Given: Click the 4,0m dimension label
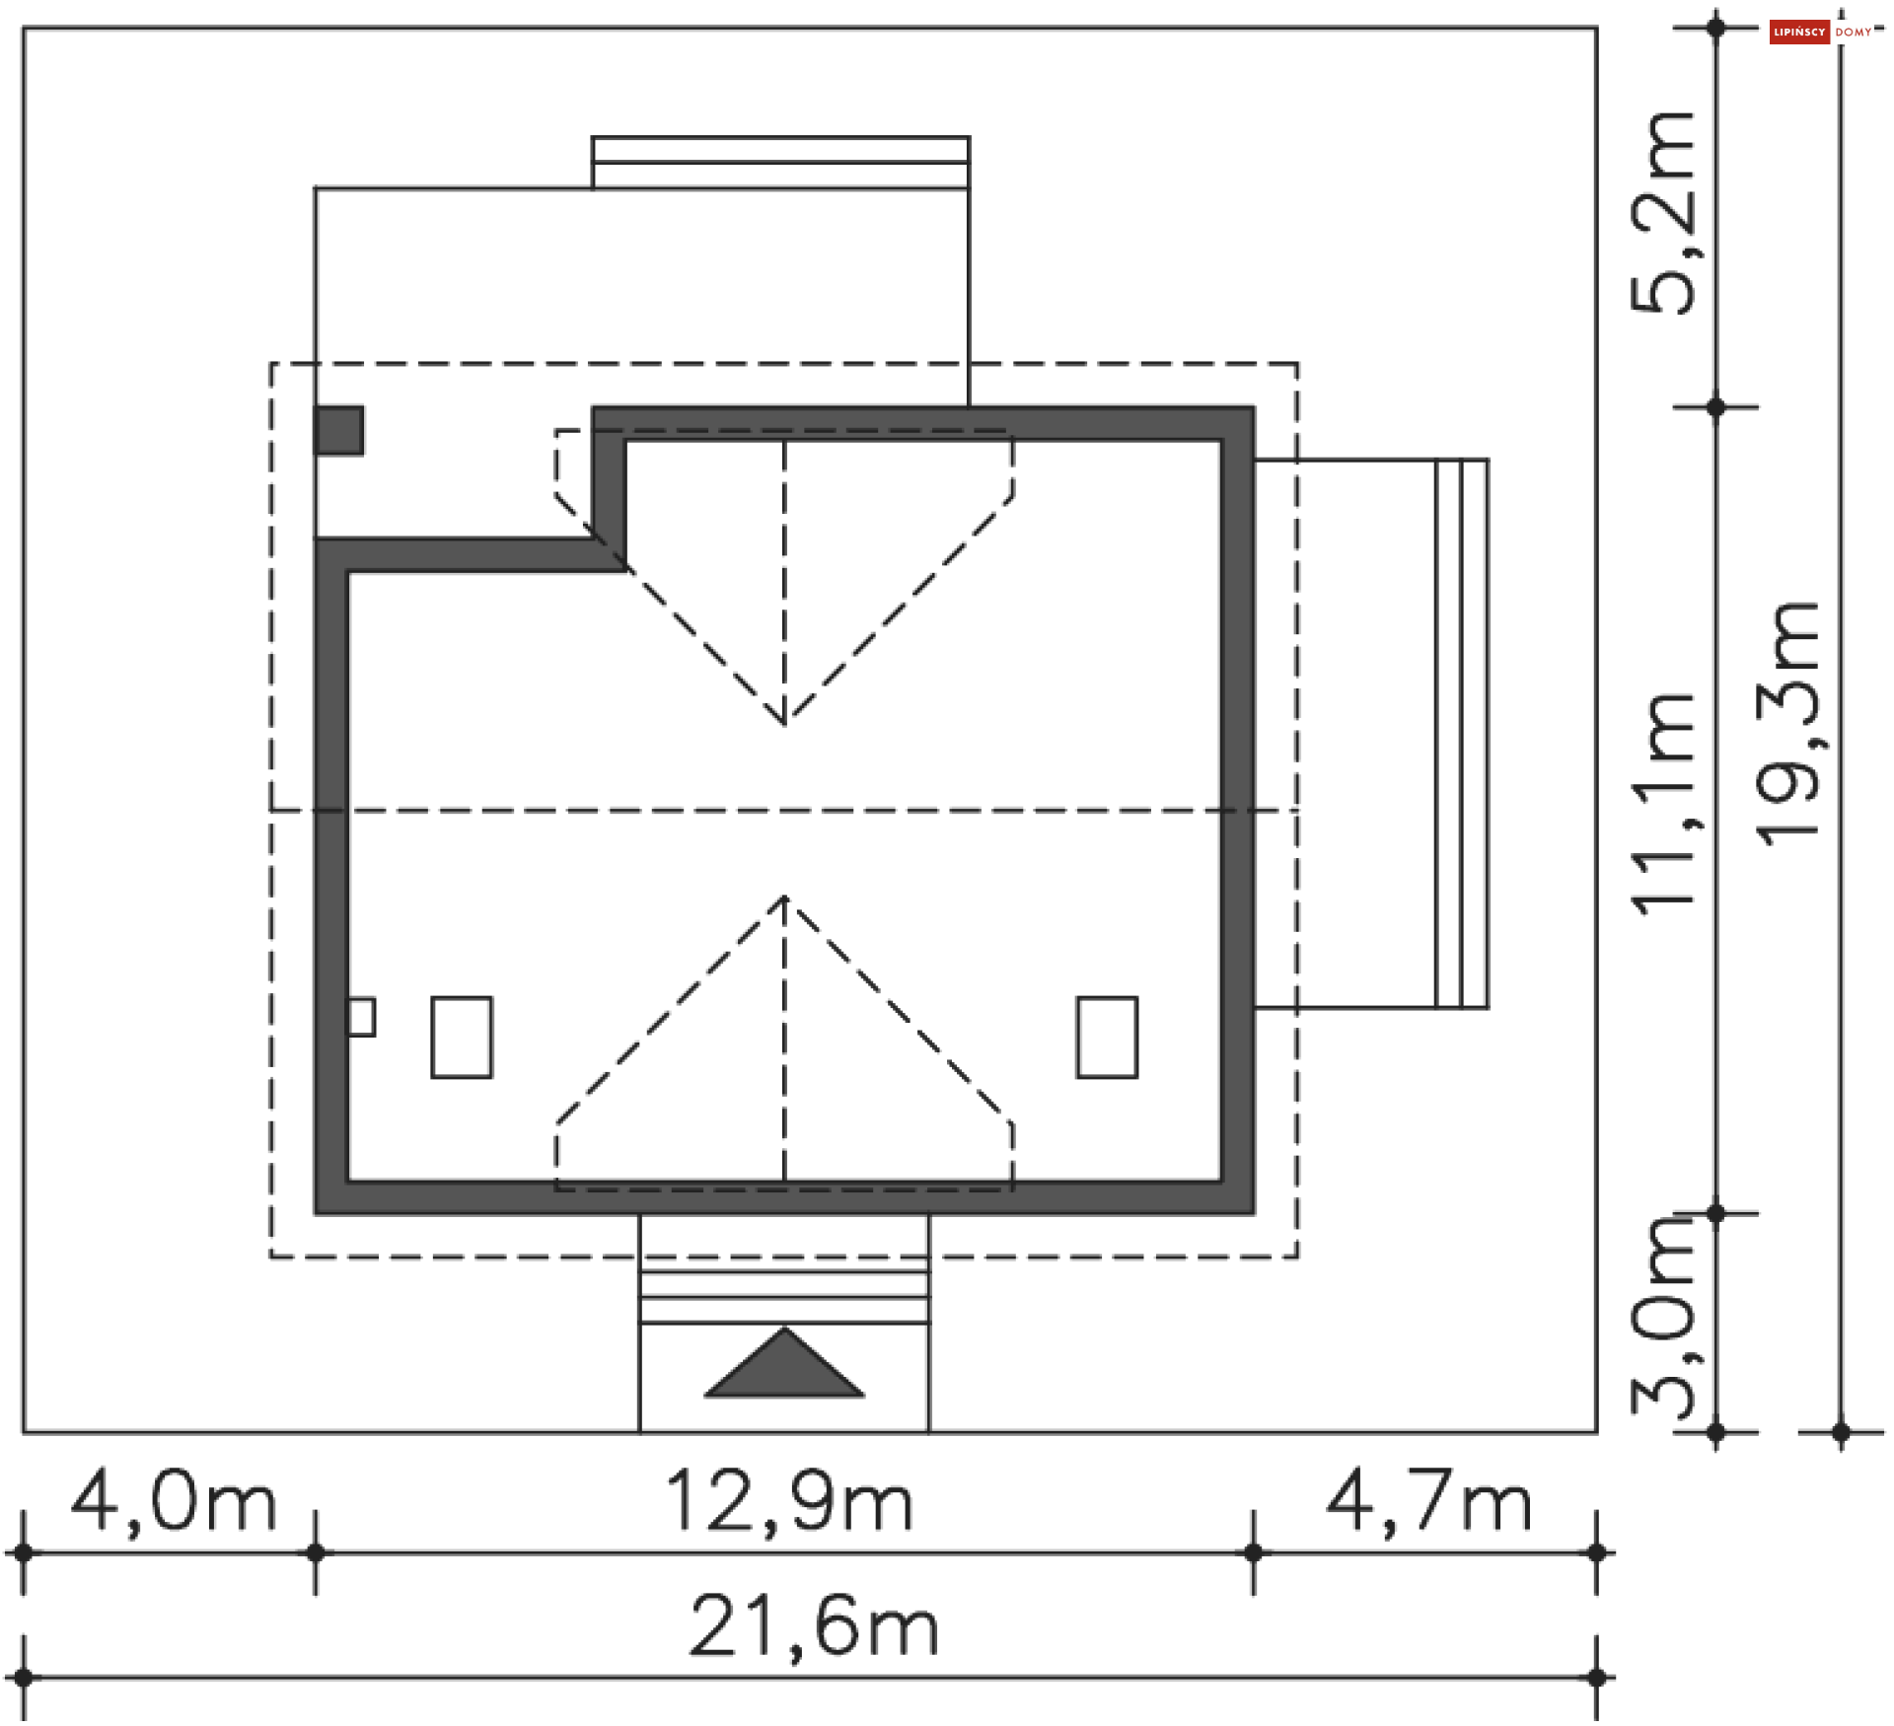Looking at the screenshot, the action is [x=174, y=1502].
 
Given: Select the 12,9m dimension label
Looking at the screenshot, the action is [x=790, y=1502].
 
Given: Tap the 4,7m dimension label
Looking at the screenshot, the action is [x=1429, y=1502].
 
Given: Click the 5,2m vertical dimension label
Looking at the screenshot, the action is [x=1663, y=213].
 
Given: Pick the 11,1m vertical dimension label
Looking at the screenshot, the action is [x=1663, y=804].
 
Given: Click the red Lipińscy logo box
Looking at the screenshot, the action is [x=1799, y=33].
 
